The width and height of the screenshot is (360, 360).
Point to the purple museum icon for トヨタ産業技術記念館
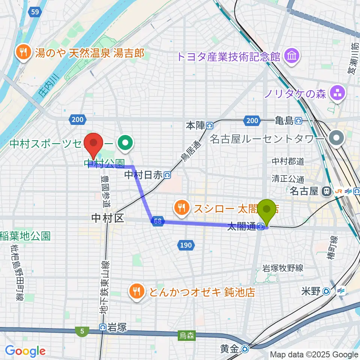291,57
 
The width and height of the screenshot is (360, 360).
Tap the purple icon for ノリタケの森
337,94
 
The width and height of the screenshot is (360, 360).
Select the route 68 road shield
157,221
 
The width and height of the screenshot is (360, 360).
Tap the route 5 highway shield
82,331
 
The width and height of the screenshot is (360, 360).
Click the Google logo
25,351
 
